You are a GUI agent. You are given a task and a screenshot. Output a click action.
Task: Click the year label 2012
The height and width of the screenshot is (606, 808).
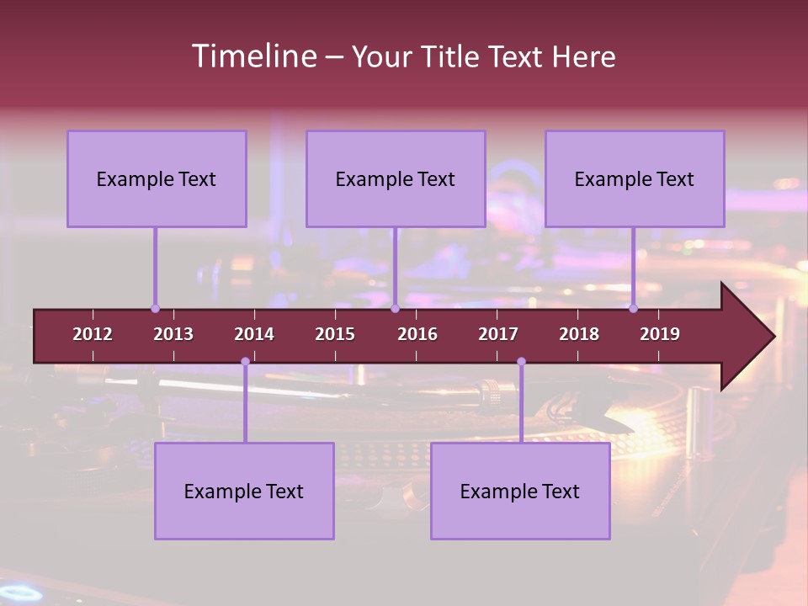click(93, 334)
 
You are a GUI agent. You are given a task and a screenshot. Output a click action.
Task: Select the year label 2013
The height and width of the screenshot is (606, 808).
click(173, 334)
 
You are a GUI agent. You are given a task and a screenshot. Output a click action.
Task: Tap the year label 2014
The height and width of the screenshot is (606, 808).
click(254, 334)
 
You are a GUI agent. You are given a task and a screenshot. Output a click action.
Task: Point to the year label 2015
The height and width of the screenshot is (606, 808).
click(335, 334)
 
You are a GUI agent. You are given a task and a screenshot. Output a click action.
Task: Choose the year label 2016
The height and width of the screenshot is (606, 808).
click(417, 334)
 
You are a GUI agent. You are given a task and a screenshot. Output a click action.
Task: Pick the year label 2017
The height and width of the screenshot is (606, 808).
click(498, 334)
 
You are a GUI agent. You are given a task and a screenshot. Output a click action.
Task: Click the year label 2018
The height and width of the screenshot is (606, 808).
click(579, 334)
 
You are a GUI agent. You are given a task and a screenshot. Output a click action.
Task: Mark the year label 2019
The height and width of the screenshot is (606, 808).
click(660, 334)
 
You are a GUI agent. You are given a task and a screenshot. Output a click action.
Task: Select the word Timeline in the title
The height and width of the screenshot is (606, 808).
click(253, 56)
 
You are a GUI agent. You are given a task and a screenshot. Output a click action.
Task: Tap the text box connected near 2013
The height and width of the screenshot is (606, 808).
click(157, 178)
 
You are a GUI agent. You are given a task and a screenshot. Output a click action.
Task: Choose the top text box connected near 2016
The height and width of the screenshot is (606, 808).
click(396, 178)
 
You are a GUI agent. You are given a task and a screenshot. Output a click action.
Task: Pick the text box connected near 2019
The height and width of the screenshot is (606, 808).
click(635, 178)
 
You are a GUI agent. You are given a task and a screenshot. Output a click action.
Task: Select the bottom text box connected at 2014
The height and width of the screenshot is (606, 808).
click(244, 491)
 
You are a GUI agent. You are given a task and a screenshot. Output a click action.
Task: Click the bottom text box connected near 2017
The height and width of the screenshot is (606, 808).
click(520, 491)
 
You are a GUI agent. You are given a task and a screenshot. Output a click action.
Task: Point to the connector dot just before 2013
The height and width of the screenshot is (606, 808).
click(155, 309)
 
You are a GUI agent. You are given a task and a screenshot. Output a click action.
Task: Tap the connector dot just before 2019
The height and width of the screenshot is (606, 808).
click(633, 309)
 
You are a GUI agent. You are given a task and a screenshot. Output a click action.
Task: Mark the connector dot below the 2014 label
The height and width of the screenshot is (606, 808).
click(245, 362)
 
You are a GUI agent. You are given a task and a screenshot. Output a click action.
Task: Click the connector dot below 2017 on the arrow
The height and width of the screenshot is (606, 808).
click(521, 362)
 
